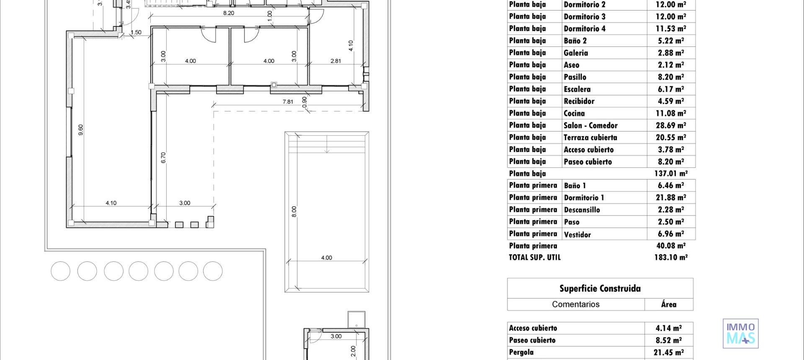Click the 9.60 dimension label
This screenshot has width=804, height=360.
tap(81, 130)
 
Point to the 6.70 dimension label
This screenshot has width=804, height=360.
tap(163, 157)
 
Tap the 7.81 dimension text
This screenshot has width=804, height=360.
tap(288, 102)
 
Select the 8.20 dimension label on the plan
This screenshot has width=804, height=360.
tap(229, 13)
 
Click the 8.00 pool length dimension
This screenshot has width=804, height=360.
tap(294, 211)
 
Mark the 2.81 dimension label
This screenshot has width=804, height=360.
tap(336, 61)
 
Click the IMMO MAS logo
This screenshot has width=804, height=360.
tap(740, 333)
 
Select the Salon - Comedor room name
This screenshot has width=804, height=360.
tap(590, 126)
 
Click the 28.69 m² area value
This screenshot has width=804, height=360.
tap(671, 126)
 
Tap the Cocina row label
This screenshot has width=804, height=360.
tap(574, 113)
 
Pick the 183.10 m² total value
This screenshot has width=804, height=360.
tap(671, 257)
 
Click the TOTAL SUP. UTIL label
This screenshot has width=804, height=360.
tap(535, 257)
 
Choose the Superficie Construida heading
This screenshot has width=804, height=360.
tap(600, 288)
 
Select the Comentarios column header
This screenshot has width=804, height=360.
tap(576, 304)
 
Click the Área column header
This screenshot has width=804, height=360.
tap(669, 304)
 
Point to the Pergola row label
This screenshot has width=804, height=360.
tap(521, 352)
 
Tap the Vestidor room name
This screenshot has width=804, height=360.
tap(577, 234)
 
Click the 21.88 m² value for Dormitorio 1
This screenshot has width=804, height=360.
tap(671, 198)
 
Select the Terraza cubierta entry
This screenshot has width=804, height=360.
tap(590, 137)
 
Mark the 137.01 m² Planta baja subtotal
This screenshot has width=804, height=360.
tap(671, 173)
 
